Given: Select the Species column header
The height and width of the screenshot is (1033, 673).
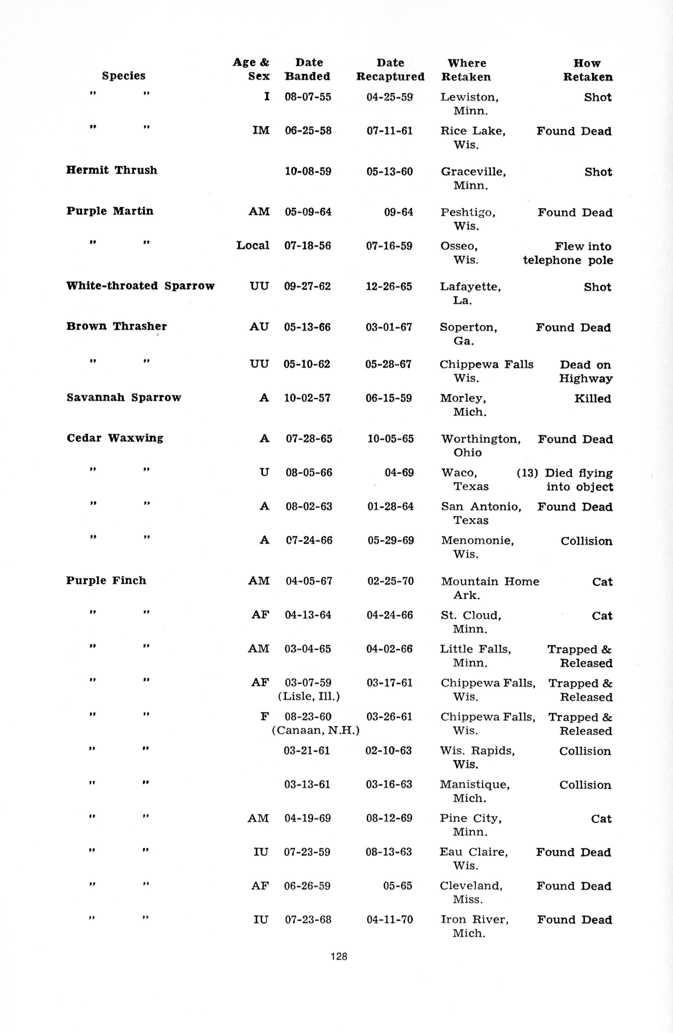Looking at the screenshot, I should [124, 76].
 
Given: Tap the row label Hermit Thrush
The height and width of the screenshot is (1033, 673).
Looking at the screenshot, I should [111, 170].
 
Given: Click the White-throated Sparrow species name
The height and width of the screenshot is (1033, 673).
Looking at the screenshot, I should [140, 286].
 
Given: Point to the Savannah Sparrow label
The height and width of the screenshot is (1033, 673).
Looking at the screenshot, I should [124, 397].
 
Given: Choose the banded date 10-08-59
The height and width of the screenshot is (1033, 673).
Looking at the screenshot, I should [308, 171].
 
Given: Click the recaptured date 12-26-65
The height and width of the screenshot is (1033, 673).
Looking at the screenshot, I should [389, 286].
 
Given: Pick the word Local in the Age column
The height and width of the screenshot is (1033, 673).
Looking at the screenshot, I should [253, 246].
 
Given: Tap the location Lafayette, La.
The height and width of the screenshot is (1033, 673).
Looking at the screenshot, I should [470, 293].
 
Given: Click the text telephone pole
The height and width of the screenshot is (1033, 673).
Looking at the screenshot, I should [568, 260].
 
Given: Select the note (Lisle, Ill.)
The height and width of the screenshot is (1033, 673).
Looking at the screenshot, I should [309, 697].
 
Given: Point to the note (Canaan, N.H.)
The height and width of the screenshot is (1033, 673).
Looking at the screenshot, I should [316, 730].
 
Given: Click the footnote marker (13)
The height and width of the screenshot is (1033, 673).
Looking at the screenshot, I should [527, 473].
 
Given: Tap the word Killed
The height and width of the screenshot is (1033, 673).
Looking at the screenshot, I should [592, 398].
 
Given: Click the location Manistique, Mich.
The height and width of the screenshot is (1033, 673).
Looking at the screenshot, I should [474, 791].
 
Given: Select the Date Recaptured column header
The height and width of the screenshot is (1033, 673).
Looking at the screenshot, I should [390, 70].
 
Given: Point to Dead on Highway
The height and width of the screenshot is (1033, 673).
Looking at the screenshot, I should [585, 371].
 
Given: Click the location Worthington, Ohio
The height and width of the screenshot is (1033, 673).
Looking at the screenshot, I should [481, 446].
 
